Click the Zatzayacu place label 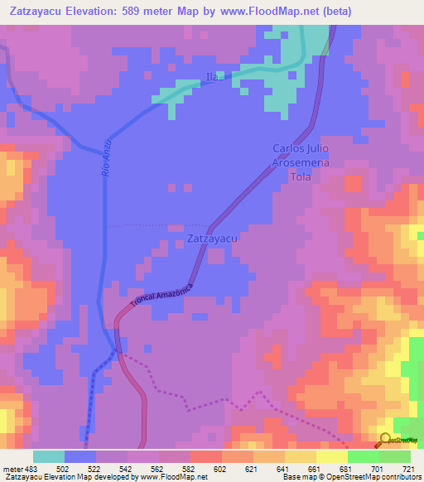(213, 239)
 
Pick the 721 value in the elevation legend (409, 469)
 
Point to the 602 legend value (222, 469)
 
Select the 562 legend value (159, 469)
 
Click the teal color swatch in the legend (49, 456)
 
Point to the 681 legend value (346, 469)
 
